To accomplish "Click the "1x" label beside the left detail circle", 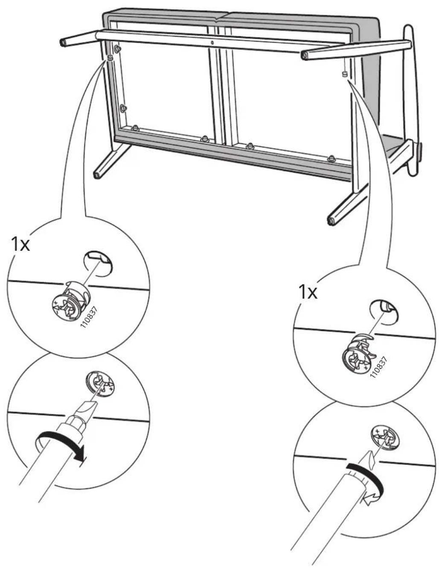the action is (x=20, y=244).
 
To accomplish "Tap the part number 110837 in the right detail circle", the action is (x=378, y=366).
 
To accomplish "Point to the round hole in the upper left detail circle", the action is (x=98, y=264).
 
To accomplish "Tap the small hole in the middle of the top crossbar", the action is (x=212, y=42).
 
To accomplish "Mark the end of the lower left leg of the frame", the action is (x=96, y=174).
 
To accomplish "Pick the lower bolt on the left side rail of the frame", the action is (x=123, y=108).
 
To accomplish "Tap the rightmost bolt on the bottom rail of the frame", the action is (x=331, y=158).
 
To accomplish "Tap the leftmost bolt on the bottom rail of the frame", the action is (x=135, y=128).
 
